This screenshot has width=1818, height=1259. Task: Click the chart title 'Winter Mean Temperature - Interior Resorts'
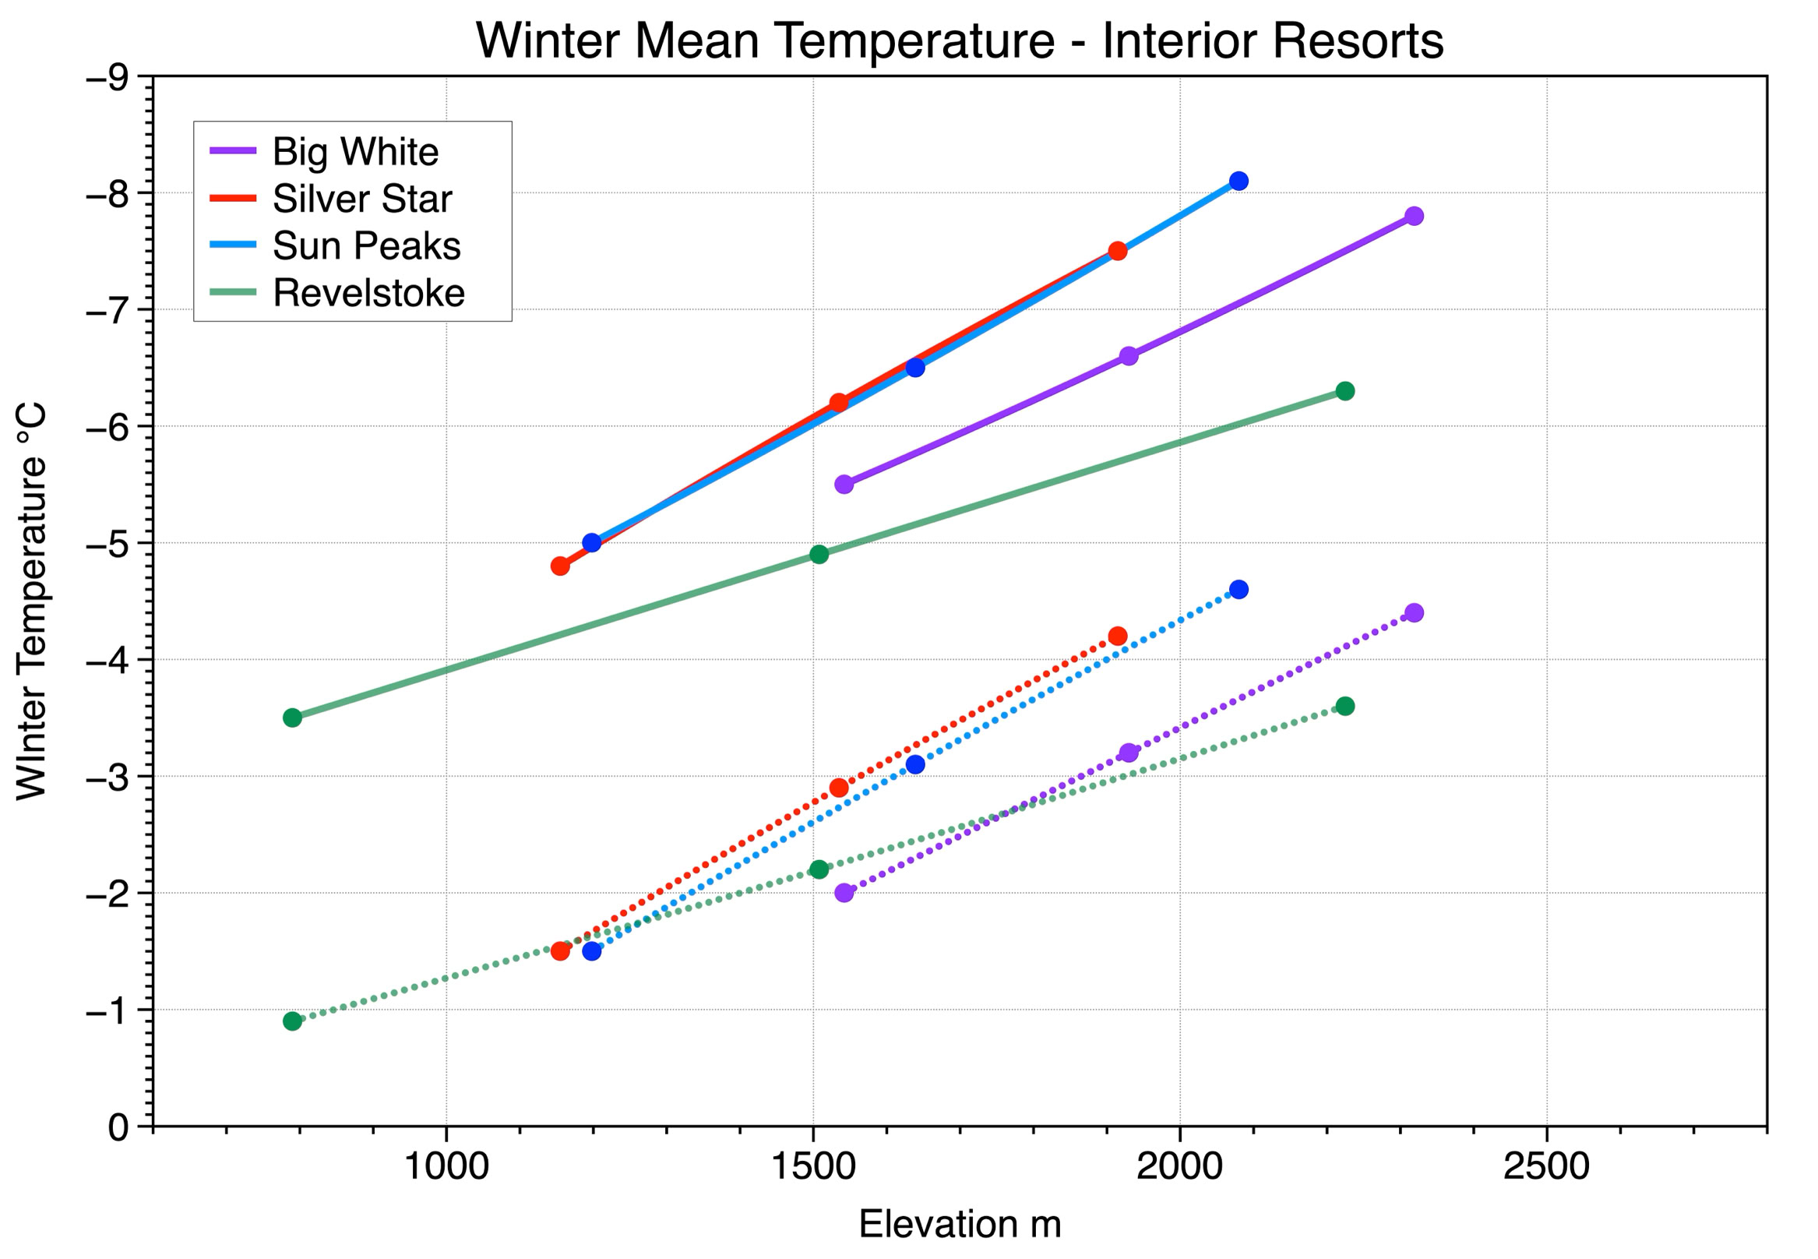(x=959, y=41)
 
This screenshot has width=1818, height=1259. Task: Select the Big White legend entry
(x=324, y=151)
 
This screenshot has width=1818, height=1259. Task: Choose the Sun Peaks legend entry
(x=335, y=246)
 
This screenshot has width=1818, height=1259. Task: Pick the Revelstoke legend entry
(x=337, y=294)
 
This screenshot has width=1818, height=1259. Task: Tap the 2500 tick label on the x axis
(x=1546, y=1166)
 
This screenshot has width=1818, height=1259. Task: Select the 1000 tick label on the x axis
(x=446, y=1166)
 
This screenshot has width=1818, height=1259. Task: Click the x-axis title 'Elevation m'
(x=960, y=1223)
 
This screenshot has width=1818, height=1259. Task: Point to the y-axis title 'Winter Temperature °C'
(x=32, y=601)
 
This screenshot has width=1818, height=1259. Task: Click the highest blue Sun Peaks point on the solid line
(x=1238, y=181)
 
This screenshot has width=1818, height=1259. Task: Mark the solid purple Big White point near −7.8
(x=1415, y=215)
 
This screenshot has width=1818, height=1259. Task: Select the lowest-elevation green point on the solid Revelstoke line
(x=293, y=717)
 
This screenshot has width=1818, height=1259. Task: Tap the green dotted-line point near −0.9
(x=293, y=1021)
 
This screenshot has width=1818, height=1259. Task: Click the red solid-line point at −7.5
(x=1118, y=251)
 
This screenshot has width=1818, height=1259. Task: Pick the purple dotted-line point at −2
(x=844, y=892)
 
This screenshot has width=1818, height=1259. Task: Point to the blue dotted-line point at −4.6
(x=1238, y=589)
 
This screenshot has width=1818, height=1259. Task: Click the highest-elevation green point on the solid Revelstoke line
(x=1345, y=390)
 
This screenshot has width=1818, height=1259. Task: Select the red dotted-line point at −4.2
(x=1118, y=636)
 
